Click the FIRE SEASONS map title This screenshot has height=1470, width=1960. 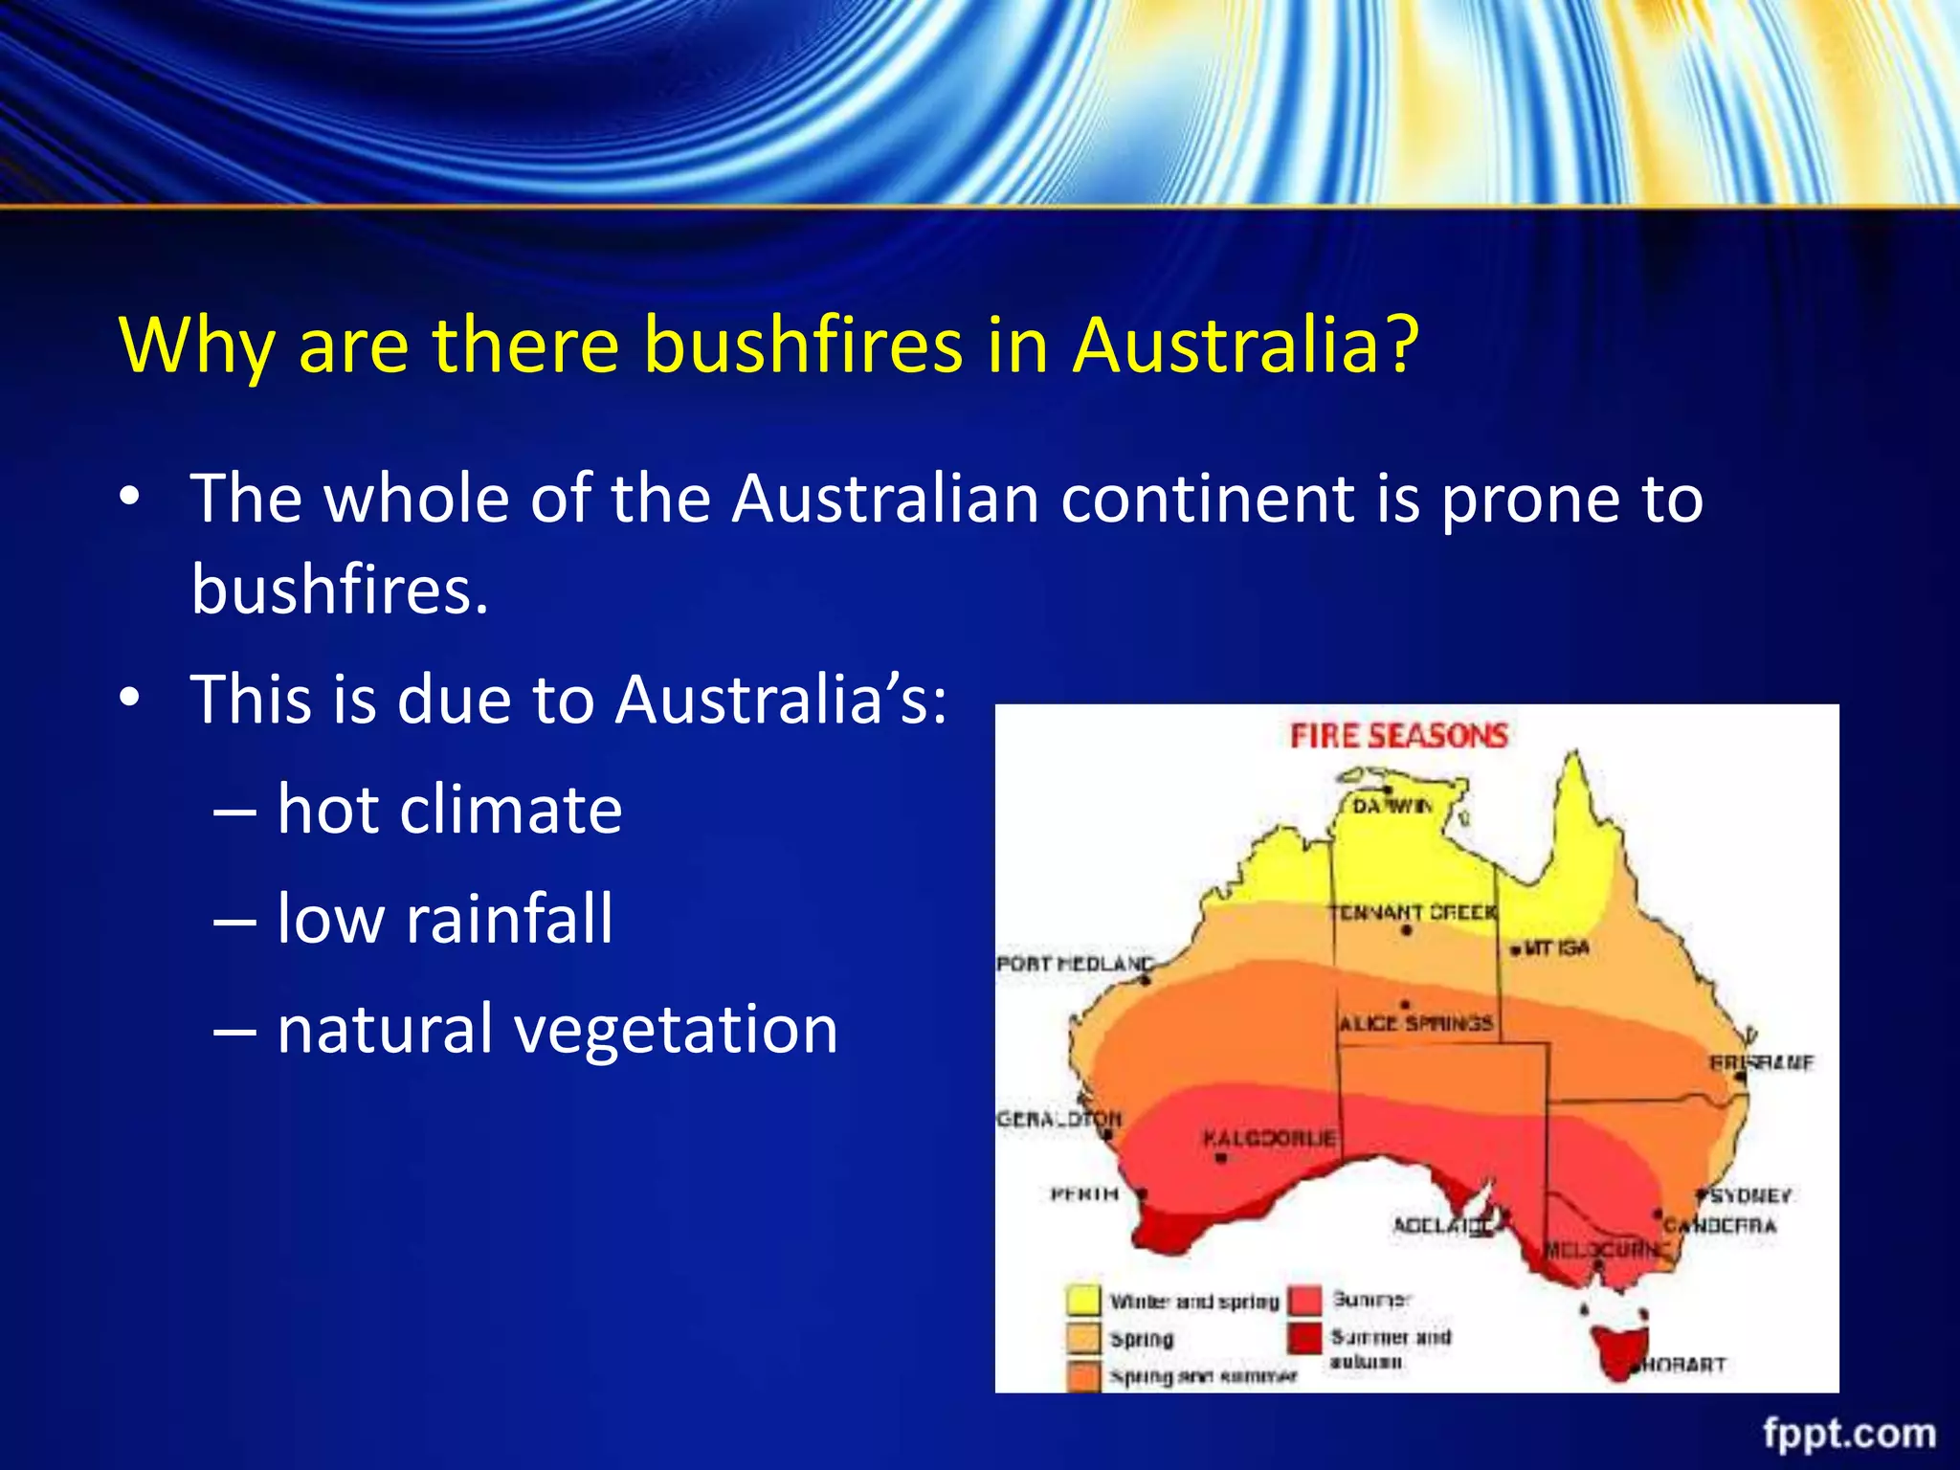pyautogui.click(x=1398, y=736)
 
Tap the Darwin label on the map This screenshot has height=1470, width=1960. pyautogui.click(x=1392, y=807)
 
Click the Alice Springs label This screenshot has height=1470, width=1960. pyautogui.click(x=1415, y=1023)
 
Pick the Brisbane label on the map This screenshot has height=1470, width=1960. pyautogui.click(x=1761, y=1063)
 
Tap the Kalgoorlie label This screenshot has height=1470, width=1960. pyautogui.click(x=1269, y=1139)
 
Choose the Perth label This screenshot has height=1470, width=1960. pyautogui.click(x=1084, y=1193)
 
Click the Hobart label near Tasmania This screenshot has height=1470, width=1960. pyautogui.click(x=1682, y=1365)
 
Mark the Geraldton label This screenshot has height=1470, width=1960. pyautogui.click(x=1058, y=1119)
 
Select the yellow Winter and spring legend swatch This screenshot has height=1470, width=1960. pyautogui.click(x=1083, y=1301)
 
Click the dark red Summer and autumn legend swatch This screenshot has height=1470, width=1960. pyautogui.click(x=1303, y=1338)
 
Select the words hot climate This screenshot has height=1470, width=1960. pyautogui.click(x=449, y=810)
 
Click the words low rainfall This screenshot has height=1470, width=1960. pyautogui.click(x=444, y=919)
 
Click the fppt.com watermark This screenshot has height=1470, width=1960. pyautogui.click(x=1849, y=1434)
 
